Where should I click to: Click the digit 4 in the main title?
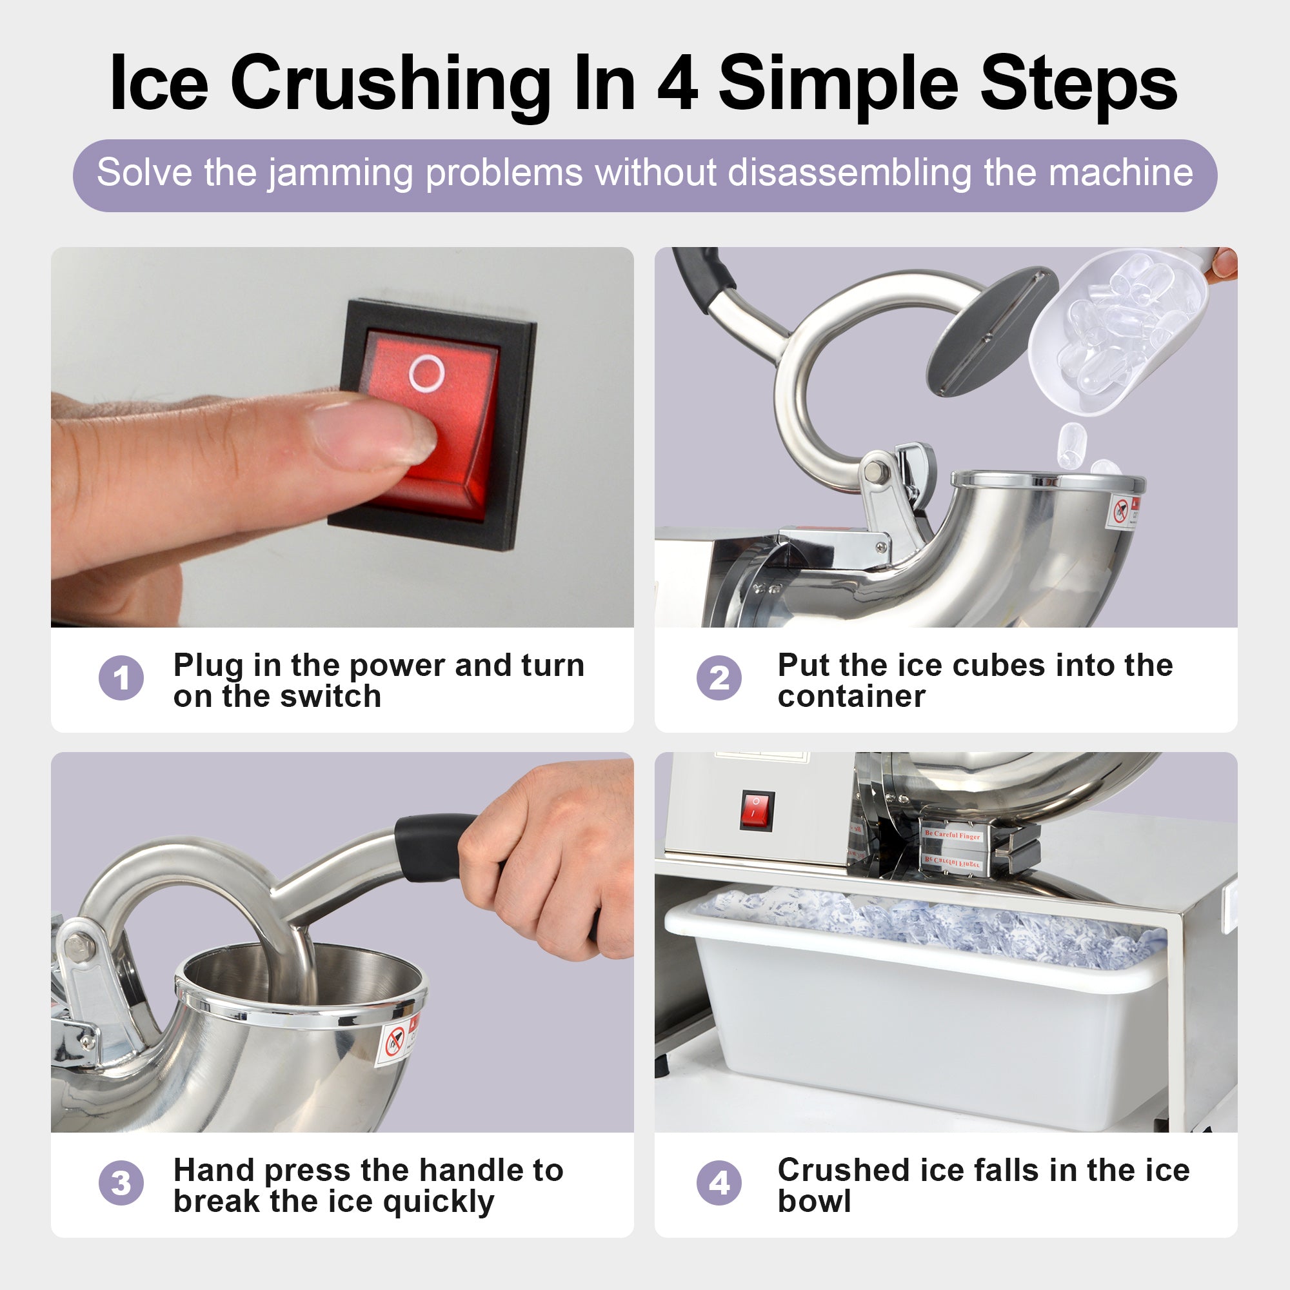click(678, 84)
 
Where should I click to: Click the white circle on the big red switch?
click(426, 373)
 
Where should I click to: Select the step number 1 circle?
click(121, 679)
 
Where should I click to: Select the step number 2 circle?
click(719, 679)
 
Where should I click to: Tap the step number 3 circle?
click(121, 1183)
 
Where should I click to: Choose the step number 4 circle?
click(719, 1183)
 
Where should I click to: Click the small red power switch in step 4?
click(757, 810)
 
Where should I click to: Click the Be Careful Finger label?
click(952, 835)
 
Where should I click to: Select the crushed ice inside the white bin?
click(935, 925)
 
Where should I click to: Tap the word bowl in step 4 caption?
click(814, 1201)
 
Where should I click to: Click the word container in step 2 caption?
click(851, 697)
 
